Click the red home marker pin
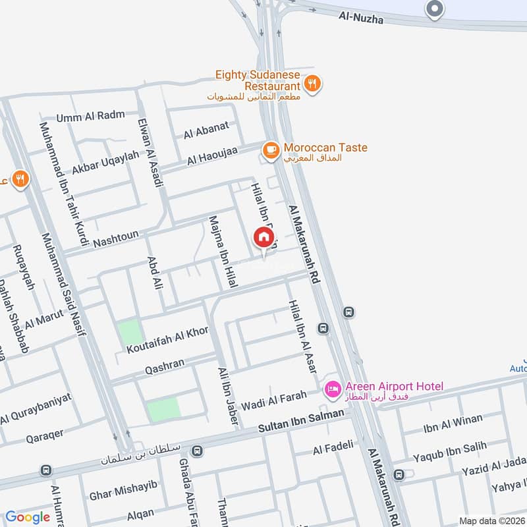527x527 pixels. point(263,237)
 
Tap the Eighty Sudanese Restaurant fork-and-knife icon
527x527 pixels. point(312,83)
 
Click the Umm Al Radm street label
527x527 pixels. point(90,116)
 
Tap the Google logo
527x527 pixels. point(28,517)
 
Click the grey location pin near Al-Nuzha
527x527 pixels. point(434,9)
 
